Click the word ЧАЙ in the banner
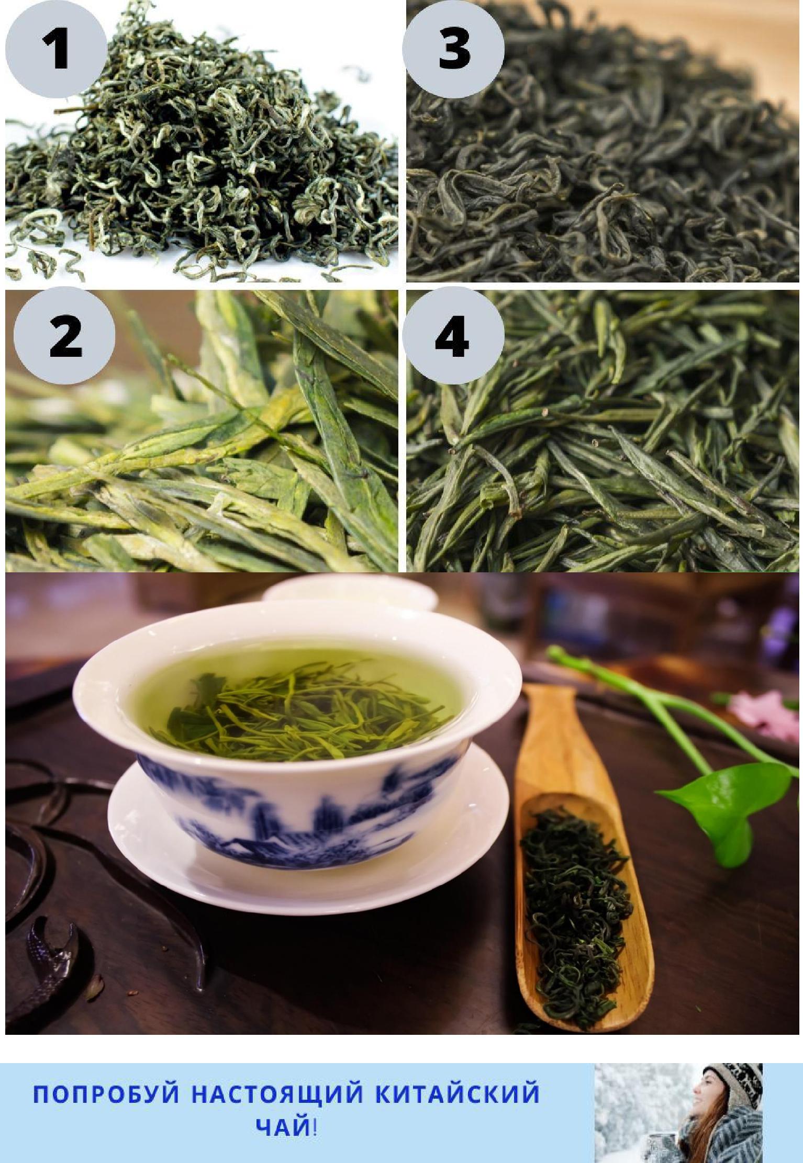[285, 1125]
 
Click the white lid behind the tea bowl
[348, 594]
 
